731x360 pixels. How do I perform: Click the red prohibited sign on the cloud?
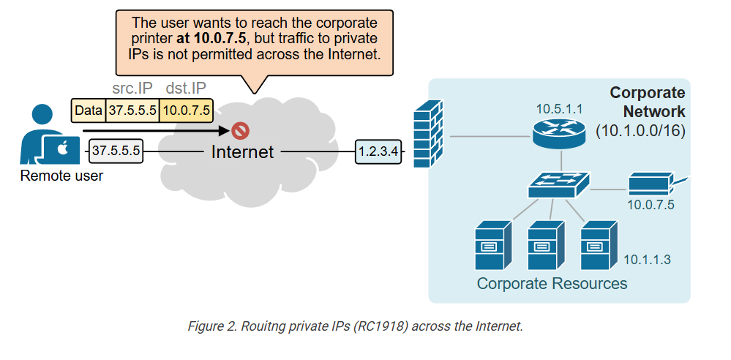[240, 131]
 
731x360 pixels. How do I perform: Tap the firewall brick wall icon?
[426, 137]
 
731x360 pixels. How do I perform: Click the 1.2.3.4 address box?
[378, 151]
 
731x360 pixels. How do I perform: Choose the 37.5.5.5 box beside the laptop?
[116, 151]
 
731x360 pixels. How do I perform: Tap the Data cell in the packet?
[89, 110]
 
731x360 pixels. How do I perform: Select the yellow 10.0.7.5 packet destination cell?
[186, 110]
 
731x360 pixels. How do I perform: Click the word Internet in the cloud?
[242, 151]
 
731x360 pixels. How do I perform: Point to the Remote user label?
[61, 176]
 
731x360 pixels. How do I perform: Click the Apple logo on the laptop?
[63, 149]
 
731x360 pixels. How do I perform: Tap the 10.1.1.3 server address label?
[647, 260]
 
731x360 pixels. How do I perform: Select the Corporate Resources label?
[552, 283]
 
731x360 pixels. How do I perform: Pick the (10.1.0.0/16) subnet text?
[640, 131]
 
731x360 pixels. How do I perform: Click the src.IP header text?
[133, 89]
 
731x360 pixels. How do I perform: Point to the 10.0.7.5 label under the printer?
[651, 205]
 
